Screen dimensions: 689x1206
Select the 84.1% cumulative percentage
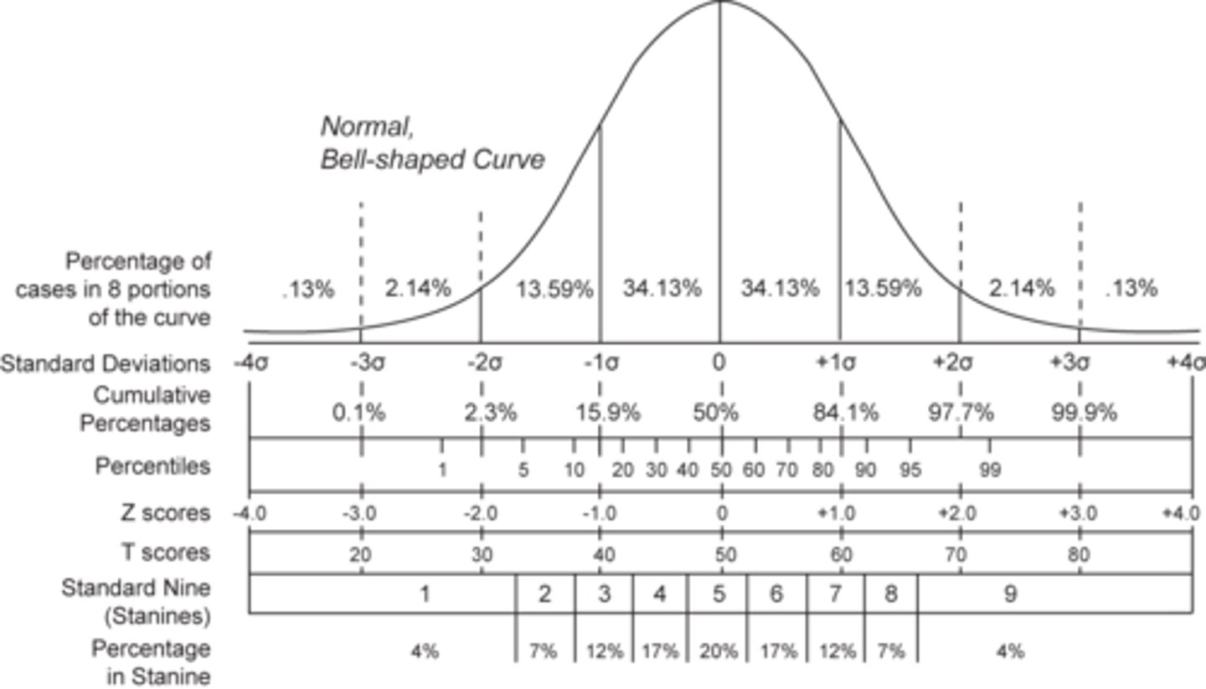(x=846, y=413)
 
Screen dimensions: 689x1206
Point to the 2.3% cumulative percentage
(x=491, y=413)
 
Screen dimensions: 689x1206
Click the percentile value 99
(x=990, y=470)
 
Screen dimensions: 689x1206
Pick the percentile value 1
(x=442, y=470)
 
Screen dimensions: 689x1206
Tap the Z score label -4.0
(x=249, y=513)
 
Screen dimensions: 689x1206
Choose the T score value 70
(x=956, y=554)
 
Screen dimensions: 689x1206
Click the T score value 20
(x=362, y=554)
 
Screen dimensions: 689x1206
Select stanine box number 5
(x=719, y=594)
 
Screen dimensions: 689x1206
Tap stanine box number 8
(x=890, y=594)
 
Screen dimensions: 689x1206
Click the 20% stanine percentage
(x=719, y=650)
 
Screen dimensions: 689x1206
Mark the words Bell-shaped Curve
(x=432, y=159)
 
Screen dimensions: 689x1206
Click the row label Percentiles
(x=152, y=466)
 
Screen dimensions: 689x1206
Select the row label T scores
(x=162, y=553)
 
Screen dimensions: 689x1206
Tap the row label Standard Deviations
(x=105, y=364)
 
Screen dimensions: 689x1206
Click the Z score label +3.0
(x=1077, y=513)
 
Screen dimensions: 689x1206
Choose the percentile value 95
(x=910, y=470)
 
